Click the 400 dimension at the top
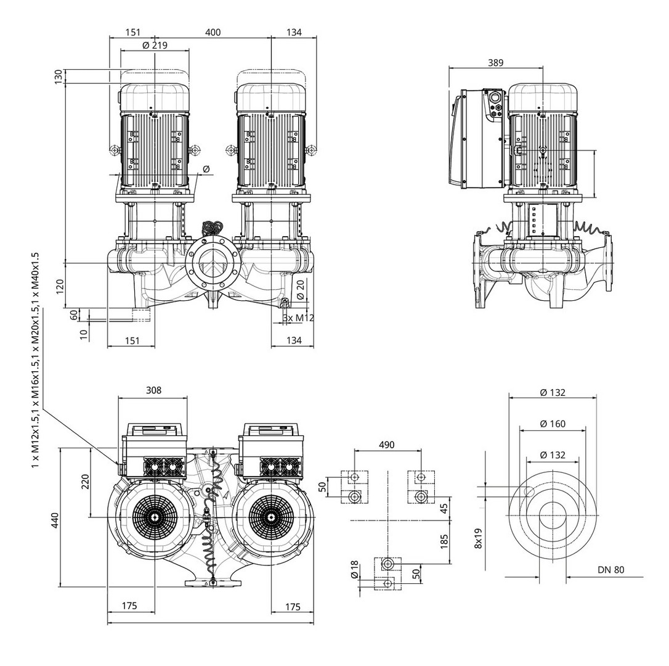(x=213, y=32)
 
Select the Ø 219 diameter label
(x=155, y=45)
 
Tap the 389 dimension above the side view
(x=495, y=62)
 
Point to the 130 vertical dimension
(x=58, y=76)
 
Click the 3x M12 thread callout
(x=298, y=318)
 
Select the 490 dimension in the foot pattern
(x=386, y=445)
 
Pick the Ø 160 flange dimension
(x=552, y=424)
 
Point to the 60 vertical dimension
(x=74, y=314)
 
